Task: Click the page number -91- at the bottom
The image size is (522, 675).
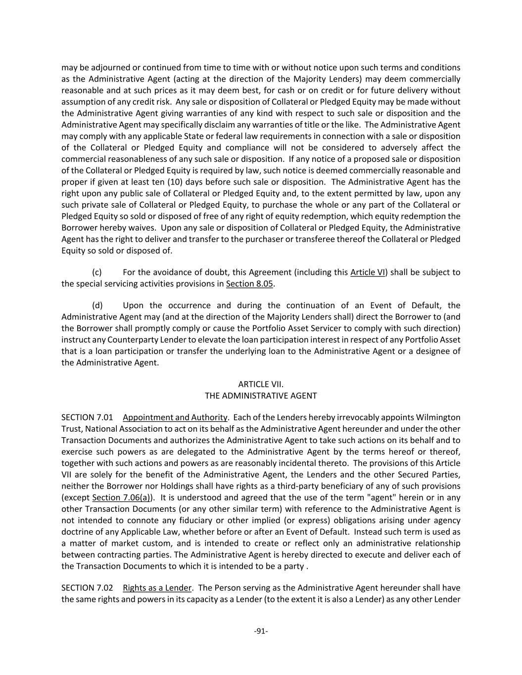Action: tap(261, 631)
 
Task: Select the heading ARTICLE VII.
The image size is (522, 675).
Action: tap(261, 384)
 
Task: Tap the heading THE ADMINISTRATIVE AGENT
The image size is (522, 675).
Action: tap(261, 396)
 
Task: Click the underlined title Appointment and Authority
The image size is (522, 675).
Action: tap(175, 417)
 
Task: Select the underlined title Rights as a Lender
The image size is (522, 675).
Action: tap(157, 588)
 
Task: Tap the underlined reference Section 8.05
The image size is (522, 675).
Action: tap(249, 284)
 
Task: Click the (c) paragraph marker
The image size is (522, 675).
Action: tap(97, 272)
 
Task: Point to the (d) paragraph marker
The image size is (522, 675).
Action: tap(97, 306)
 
